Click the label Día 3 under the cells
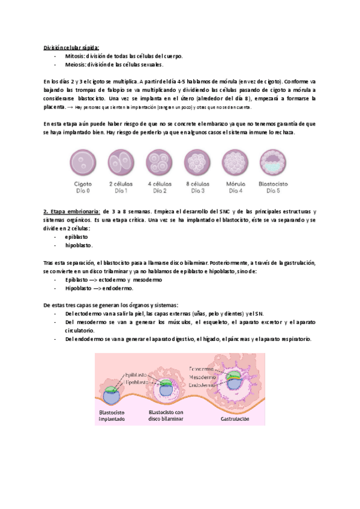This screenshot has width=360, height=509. pyautogui.click(x=197, y=191)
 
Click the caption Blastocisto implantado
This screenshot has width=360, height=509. pyautogui.click(x=115, y=416)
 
